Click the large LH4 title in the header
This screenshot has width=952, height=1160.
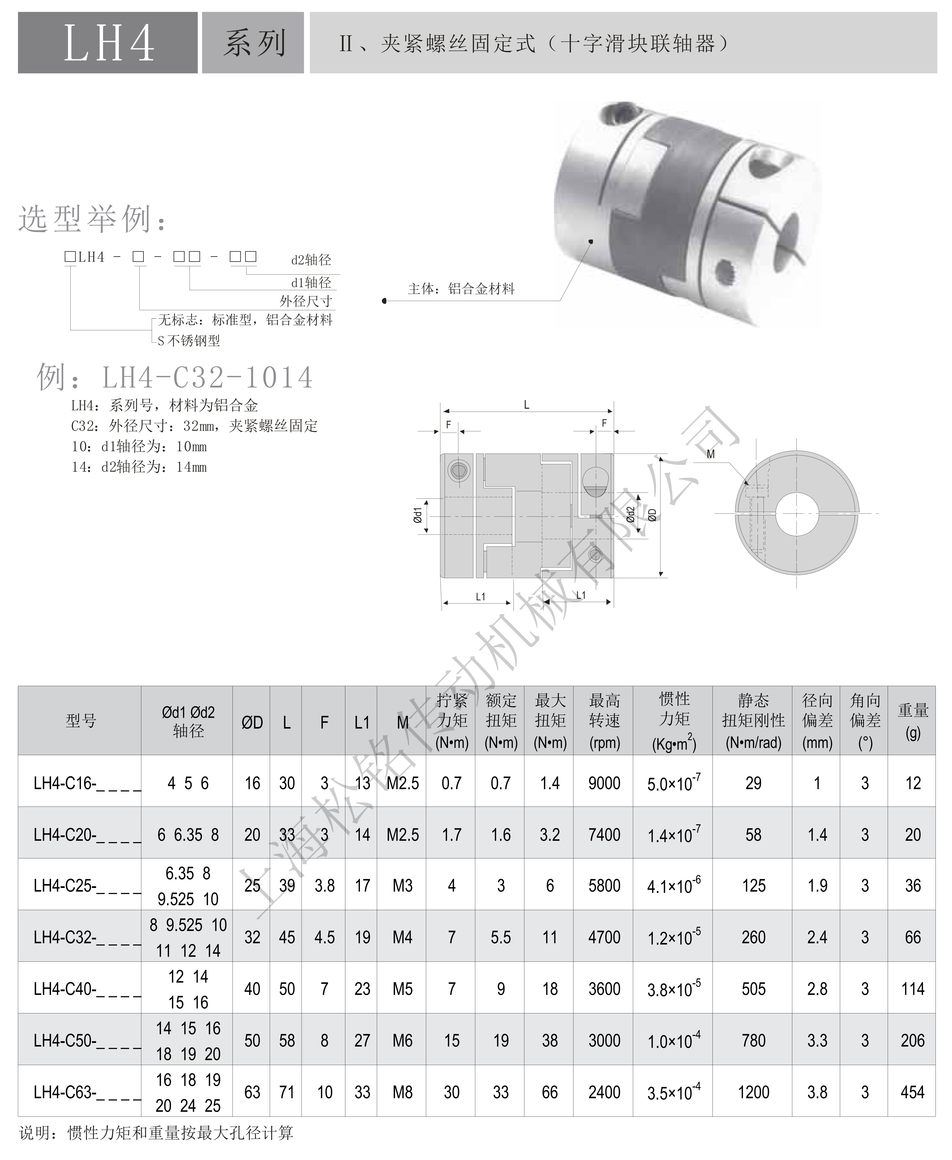pos(109,43)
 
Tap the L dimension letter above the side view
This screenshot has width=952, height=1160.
pos(526,405)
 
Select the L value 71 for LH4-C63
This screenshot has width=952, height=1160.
pos(287,1092)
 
